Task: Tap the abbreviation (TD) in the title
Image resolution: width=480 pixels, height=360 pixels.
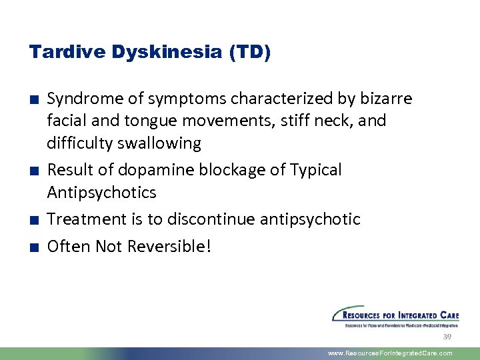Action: coord(248,52)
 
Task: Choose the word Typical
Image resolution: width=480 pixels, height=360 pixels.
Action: coord(316,170)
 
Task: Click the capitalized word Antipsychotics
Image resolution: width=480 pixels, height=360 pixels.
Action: coord(101,193)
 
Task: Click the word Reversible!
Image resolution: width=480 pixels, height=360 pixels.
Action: coord(169,246)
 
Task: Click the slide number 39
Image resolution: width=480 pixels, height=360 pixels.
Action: coord(447,337)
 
